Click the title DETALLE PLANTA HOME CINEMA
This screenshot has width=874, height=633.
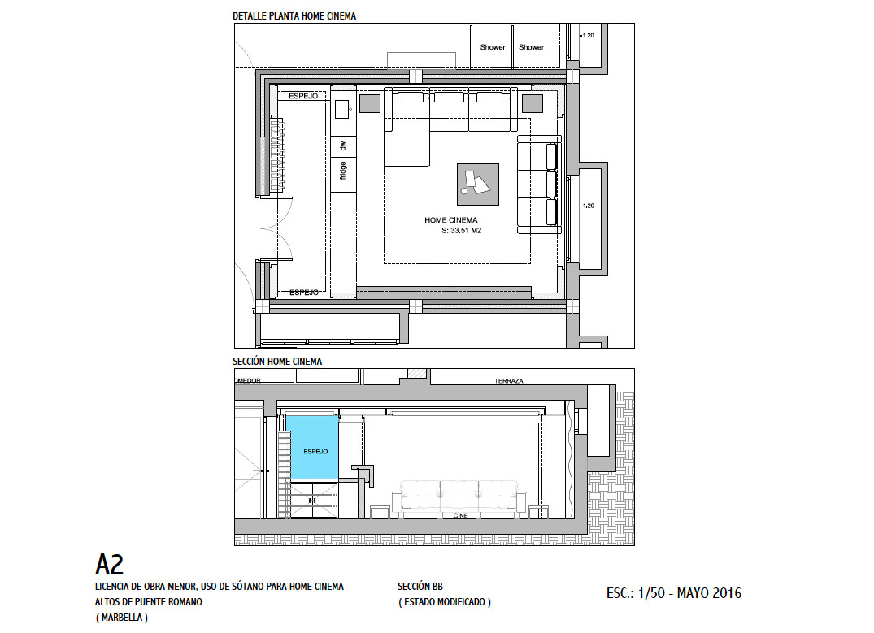coord(294,16)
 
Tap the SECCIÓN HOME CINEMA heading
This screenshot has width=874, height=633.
coord(277,361)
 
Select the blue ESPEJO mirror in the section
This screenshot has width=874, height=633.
coord(312,447)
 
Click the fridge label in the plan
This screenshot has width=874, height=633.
coord(343,171)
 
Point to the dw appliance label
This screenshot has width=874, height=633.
coord(343,145)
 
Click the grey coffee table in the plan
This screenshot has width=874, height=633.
coord(478,184)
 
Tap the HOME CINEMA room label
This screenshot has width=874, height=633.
coord(451,220)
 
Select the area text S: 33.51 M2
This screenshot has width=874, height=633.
coord(461,230)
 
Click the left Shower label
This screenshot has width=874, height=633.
coord(493,47)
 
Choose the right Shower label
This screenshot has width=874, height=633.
coord(531,47)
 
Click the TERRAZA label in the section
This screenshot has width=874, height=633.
coord(508,381)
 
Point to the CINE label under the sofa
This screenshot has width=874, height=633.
coord(460,515)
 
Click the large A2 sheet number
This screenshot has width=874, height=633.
coord(109,565)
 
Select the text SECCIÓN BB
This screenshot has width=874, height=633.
coord(420,586)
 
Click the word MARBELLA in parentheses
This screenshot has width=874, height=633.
coord(121,618)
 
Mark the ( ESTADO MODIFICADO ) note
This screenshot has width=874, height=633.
coord(444,602)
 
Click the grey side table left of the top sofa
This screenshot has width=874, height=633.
coord(370,104)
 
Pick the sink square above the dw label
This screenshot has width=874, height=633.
coord(341,109)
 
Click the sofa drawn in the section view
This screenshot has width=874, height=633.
coord(459,496)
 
